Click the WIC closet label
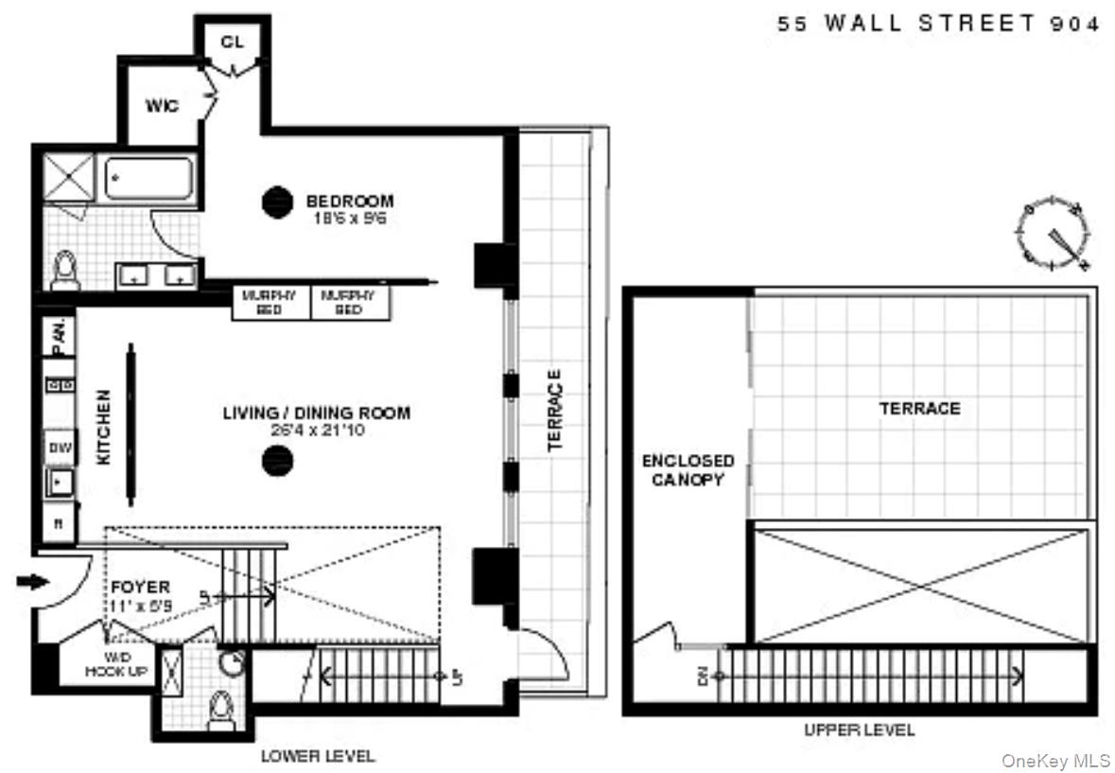click(x=161, y=105)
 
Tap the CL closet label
click(x=232, y=42)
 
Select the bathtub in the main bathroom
click(x=149, y=178)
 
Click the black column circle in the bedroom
click(x=277, y=202)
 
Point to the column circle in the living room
click(x=277, y=461)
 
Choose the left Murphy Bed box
click(x=270, y=303)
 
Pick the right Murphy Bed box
click(x=349, y=303)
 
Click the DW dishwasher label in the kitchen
click(x=59, y=446)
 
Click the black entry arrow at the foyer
click(x=31, y=582)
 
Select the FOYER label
click(x=140, y=588)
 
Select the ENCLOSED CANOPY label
click(x=688, y=469)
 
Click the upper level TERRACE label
click(x=919, y=409)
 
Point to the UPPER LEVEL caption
click(x=859, y=730)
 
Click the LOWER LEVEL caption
click(x=318, y=756)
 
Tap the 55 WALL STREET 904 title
click(x=938, y=25)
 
